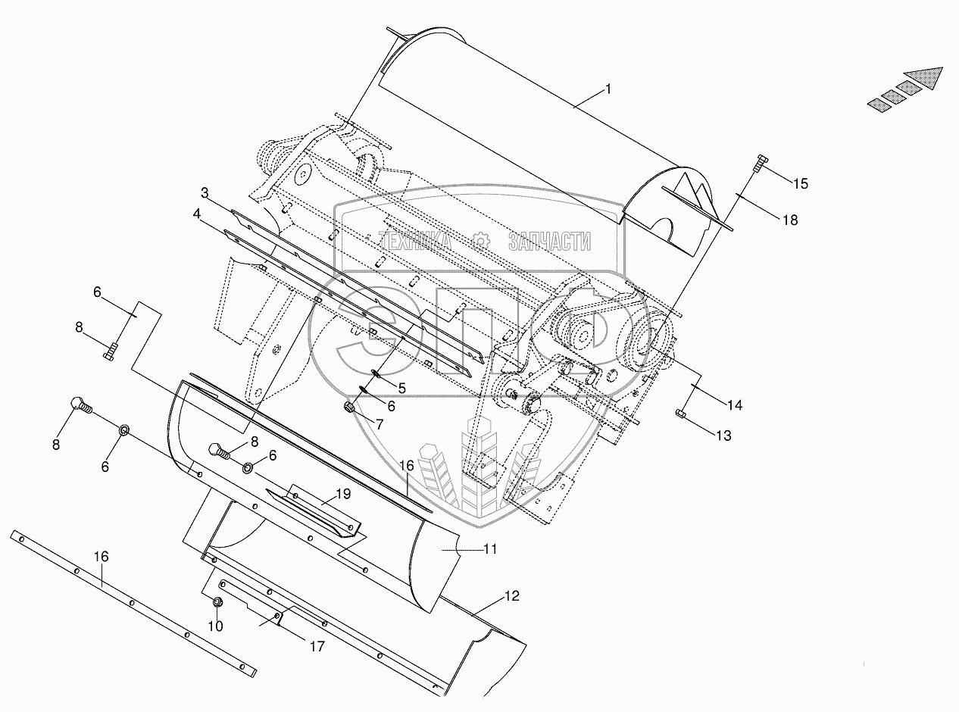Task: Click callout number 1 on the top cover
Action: [608, 89]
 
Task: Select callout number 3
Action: [205, 193]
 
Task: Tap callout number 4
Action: [197, 214]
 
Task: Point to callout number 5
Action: [402, 389]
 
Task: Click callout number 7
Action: [380, 424]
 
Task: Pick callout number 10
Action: [216, 626]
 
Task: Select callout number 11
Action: [490, 549]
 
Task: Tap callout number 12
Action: [512, 595]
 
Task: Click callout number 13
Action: [723, 436]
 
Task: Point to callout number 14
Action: [735, 405]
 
